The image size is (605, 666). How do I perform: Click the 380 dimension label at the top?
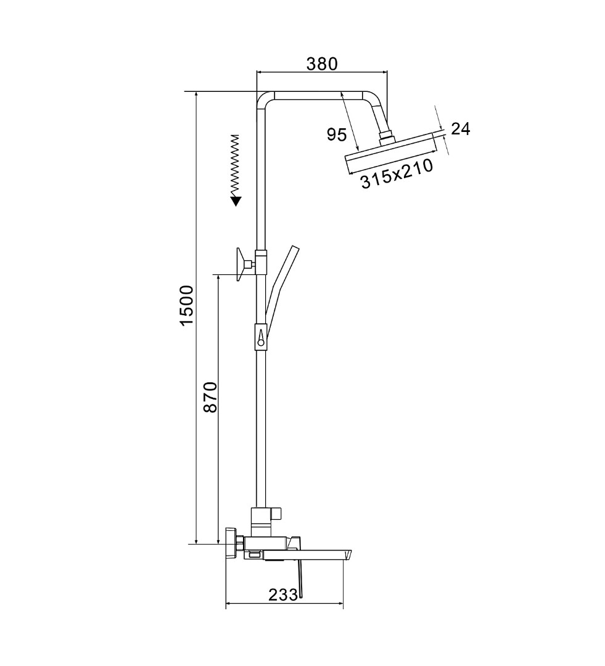322,64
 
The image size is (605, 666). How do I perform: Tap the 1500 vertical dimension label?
187,306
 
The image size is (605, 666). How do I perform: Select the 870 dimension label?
210,397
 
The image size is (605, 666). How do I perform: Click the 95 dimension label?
337,134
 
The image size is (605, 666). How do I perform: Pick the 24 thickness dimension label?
461,129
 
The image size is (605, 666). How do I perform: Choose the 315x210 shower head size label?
397,173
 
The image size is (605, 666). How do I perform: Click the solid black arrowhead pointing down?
236,201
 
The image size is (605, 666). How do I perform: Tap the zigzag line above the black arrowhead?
235,166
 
